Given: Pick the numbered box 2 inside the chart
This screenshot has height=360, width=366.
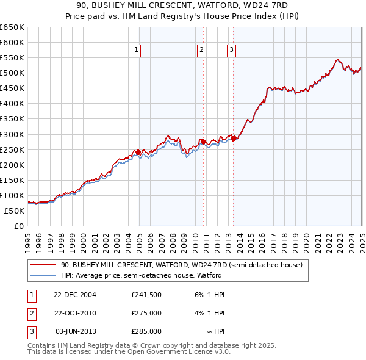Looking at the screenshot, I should [201, 51].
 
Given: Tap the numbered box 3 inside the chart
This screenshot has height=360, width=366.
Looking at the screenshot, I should [232, 51].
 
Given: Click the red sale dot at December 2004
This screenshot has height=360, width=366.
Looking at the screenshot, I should [138, 152].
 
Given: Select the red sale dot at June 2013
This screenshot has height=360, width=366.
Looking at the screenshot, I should [233, 139].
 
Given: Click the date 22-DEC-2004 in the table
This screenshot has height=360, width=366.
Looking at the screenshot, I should [75, 295].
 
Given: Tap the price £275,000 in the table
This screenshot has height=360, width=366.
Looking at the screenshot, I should [146, 313].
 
